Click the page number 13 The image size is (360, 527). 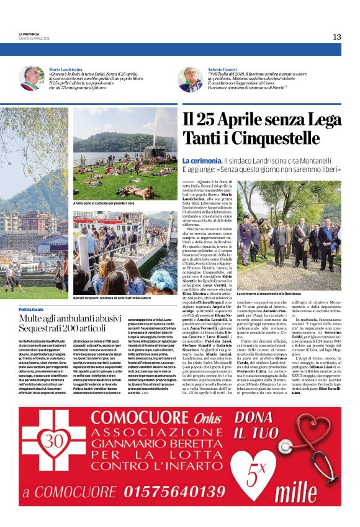(x=336, y=37)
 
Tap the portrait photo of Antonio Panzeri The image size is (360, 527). (x=191, y=79)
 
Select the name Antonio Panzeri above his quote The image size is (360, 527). (x=223, y=69)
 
